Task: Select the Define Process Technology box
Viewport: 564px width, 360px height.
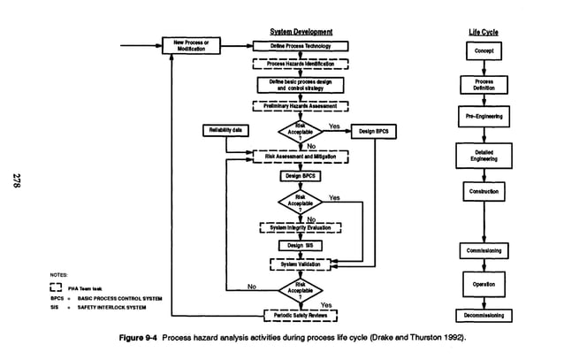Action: [301, 45]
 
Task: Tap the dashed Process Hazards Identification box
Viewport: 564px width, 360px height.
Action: [301, 64]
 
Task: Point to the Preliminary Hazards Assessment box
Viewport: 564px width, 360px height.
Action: [301, 106]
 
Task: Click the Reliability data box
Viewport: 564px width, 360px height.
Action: [225, 131]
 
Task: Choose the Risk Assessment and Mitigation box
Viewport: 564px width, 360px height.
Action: [301, 156]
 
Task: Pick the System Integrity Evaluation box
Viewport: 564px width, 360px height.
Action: [301, 227]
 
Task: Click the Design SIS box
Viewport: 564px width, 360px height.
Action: [301, 245]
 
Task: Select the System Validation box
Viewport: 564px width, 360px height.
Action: [301, 264]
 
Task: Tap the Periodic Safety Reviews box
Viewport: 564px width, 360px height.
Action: [301, 314]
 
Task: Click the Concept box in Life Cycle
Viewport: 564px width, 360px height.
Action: [484, 51]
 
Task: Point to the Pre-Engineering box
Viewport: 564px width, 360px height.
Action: [484, 116]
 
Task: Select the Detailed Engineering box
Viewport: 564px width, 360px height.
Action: [484, 155]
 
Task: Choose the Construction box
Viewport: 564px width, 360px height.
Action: [484, 191]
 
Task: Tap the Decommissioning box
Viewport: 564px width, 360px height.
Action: [484, 315]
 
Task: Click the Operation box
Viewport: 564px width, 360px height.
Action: [484, 284]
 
